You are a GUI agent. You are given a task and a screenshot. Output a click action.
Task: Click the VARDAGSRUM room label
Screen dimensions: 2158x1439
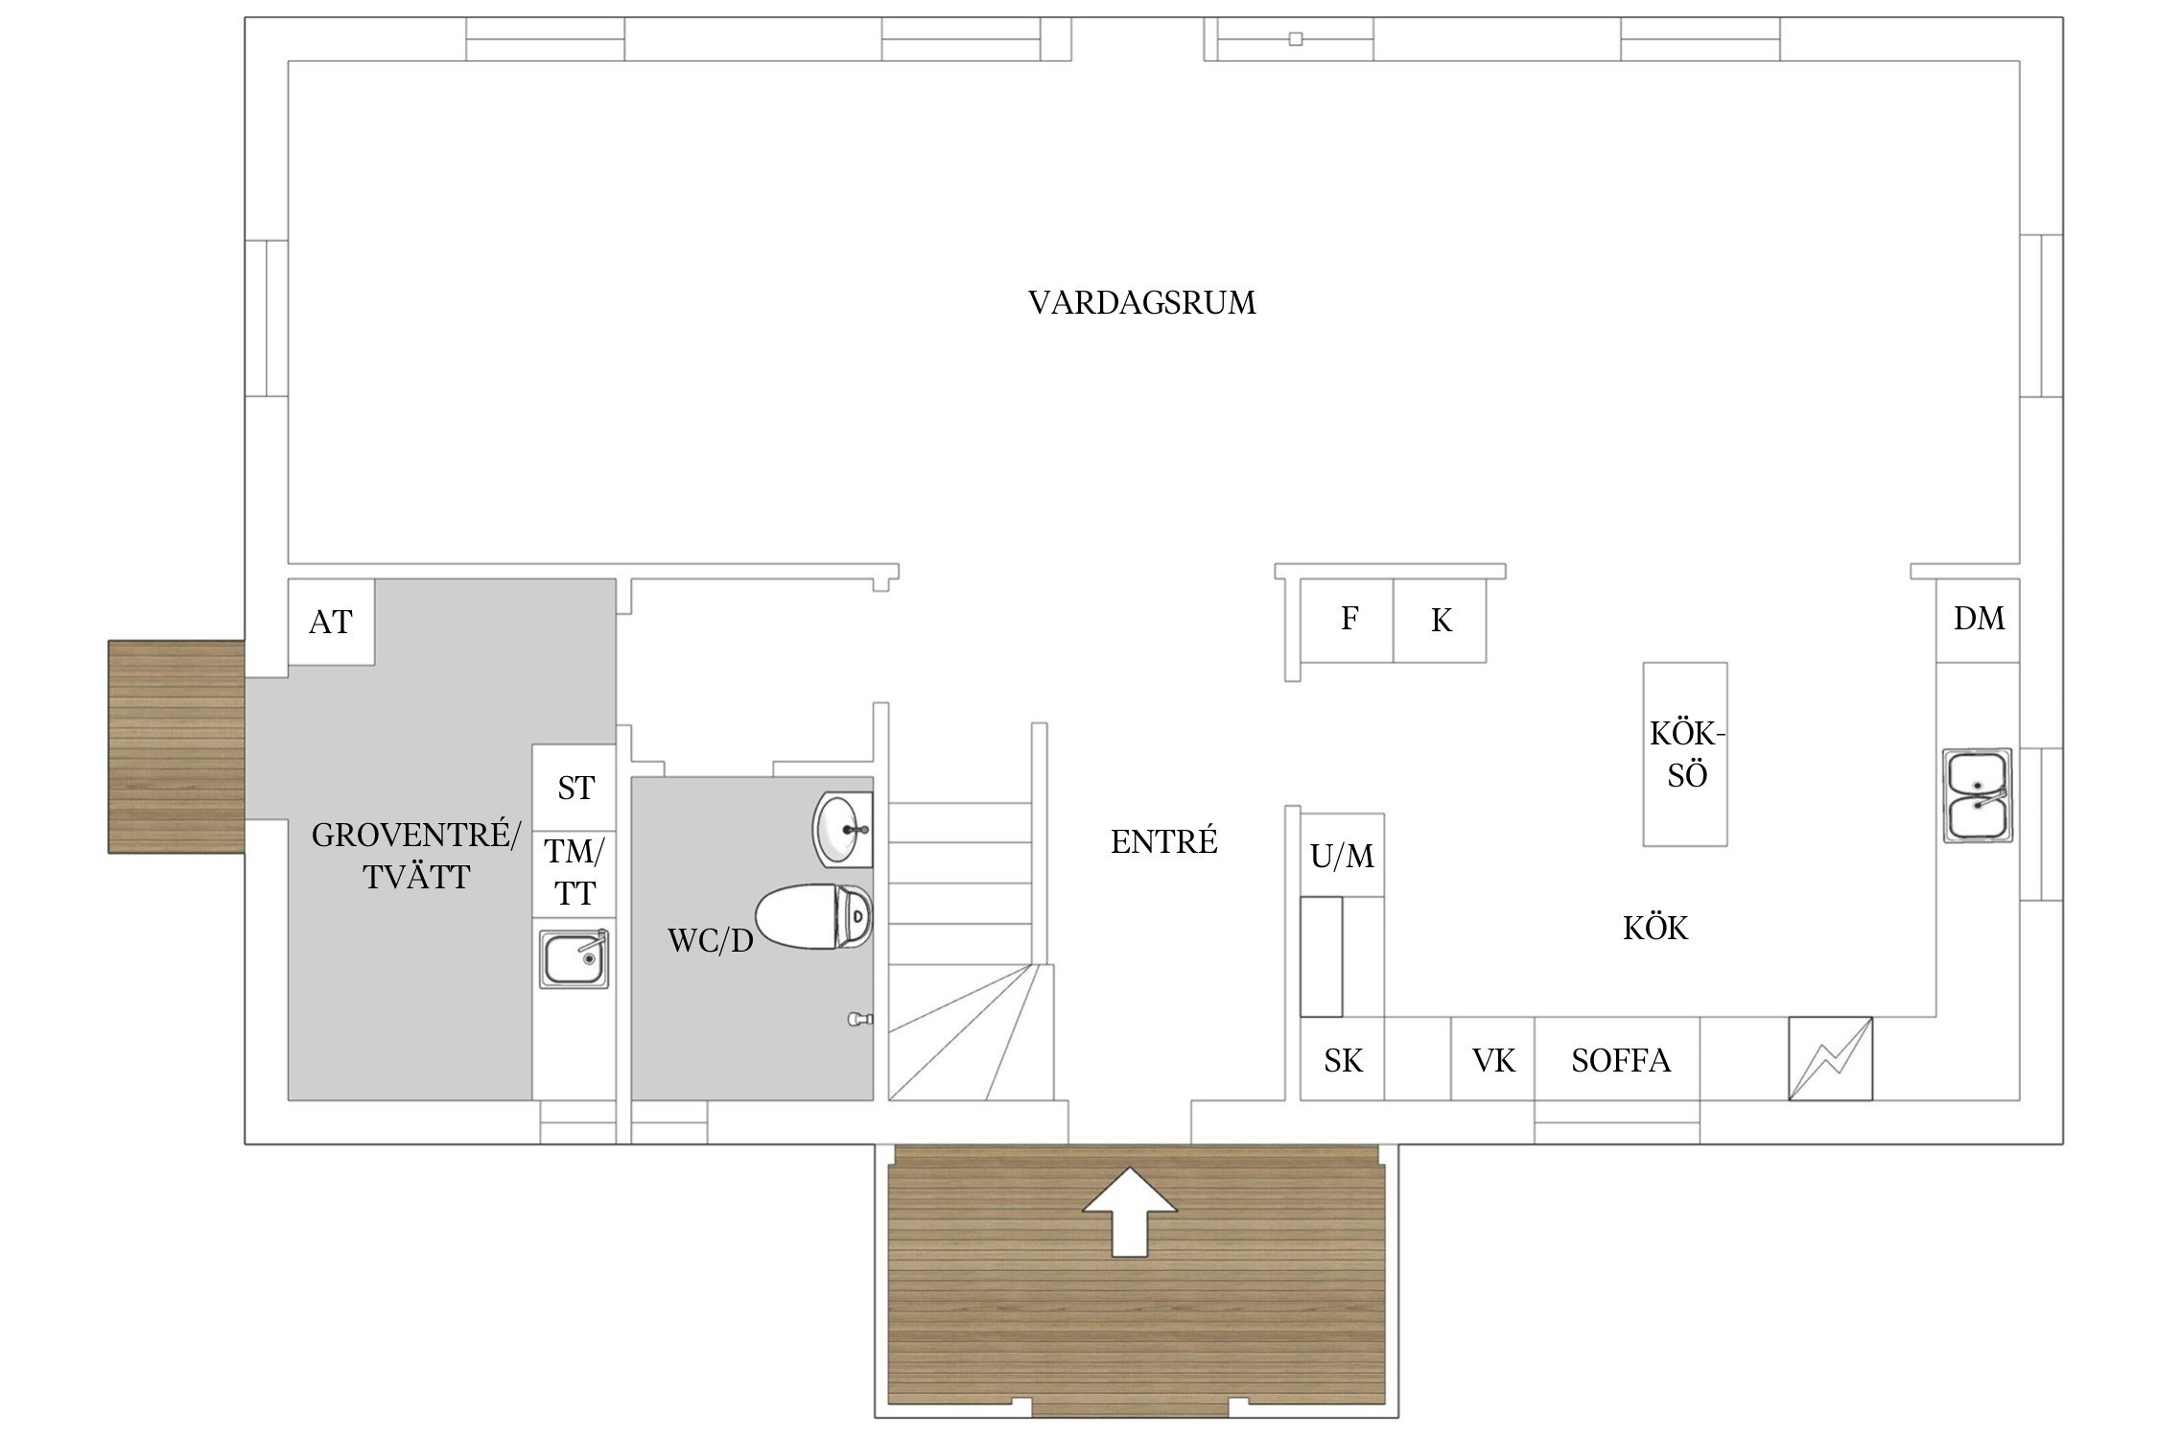1141,303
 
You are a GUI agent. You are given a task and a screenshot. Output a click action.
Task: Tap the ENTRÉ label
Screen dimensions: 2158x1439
1163,841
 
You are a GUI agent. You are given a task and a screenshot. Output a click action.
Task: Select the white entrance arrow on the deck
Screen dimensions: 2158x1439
1130,1211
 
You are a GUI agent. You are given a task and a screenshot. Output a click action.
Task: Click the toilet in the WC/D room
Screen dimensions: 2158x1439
814,916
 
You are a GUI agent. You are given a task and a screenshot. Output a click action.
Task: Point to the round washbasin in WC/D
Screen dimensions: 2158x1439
843,830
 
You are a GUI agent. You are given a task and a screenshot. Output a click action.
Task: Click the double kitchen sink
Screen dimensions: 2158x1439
1977,795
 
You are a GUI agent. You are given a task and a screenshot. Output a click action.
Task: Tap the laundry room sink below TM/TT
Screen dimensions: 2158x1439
574,958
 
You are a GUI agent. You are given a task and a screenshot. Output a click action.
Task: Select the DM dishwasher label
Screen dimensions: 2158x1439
1979,619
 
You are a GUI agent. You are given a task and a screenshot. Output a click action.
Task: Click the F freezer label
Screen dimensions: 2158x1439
1349,619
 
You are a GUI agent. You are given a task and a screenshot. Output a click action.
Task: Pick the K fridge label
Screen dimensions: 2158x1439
1441,621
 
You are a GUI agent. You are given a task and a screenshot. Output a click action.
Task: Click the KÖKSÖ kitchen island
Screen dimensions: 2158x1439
1685,754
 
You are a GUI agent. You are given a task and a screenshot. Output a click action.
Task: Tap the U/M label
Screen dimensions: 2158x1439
1342,856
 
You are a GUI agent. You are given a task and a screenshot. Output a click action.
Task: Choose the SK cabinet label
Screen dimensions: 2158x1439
1343,1060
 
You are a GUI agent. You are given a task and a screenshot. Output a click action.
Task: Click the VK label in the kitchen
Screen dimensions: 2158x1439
1493,1060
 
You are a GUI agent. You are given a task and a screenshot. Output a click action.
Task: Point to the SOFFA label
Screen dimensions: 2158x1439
1621,1060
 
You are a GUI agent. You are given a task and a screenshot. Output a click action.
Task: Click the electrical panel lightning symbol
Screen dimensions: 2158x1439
1830,1058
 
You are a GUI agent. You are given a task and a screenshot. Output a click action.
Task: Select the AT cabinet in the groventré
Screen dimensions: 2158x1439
331,622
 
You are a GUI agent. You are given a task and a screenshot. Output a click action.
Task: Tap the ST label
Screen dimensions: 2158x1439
575,788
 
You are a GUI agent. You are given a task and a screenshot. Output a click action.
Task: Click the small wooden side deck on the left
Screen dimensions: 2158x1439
176,746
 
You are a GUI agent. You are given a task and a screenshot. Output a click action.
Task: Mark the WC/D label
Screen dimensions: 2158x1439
711,941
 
